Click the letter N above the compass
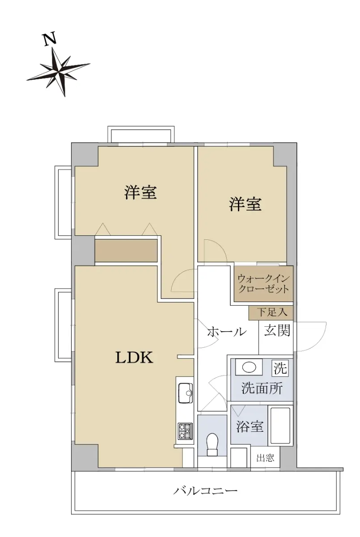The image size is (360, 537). tap(50, 38)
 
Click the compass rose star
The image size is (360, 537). tap(58, 71)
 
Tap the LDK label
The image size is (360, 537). tap(134, 358)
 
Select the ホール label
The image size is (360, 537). tap(227, 332)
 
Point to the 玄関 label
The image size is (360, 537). tap(277, 330)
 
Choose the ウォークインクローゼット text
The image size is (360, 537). tap(263, 284)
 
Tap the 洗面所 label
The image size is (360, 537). tap(262, 388)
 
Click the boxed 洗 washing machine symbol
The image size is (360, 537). tap(280, 368)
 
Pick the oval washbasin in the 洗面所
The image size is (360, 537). tap(249, 367)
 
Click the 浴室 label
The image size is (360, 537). tap(250, 426)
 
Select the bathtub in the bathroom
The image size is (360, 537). tap(280, 425)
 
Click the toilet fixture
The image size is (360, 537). tap(212, 445)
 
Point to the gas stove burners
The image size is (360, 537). tap(185, 431)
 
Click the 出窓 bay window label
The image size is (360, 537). tap(265, 458)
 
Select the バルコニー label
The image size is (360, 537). tap(205, 491)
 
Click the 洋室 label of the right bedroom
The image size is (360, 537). tap(246, 204)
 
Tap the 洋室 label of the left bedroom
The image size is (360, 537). tap(140, 192)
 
